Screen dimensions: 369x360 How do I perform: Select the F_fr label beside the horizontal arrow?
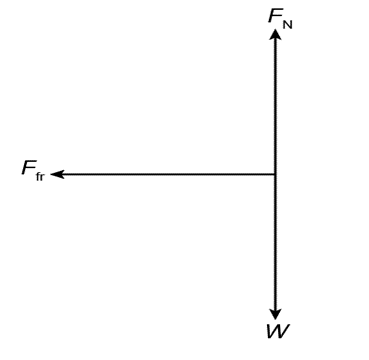point(33,170)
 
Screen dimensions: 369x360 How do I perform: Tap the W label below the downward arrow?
point(278,331)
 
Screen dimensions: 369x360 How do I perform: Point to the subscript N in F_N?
point(288,25)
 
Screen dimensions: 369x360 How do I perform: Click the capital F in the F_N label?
point(275,16)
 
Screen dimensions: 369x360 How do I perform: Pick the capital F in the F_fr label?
point(28,168)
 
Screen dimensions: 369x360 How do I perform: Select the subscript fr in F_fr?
point(40,177)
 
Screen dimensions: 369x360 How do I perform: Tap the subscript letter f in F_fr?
point(37,176)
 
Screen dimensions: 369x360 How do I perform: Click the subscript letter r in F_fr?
point(42,178)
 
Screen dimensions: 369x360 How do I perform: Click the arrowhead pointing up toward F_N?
point(275,34)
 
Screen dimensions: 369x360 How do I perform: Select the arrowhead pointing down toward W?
point(275,314)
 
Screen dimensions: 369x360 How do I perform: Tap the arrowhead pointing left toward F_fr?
point(57,174)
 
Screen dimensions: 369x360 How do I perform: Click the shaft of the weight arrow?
point(275,242)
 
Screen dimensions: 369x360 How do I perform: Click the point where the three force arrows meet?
point(275,174)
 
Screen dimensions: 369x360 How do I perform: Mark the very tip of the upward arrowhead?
point(275,29)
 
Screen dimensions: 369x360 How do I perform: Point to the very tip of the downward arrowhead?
point(275,320)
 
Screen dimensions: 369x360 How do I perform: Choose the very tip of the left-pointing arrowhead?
point(50,174)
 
